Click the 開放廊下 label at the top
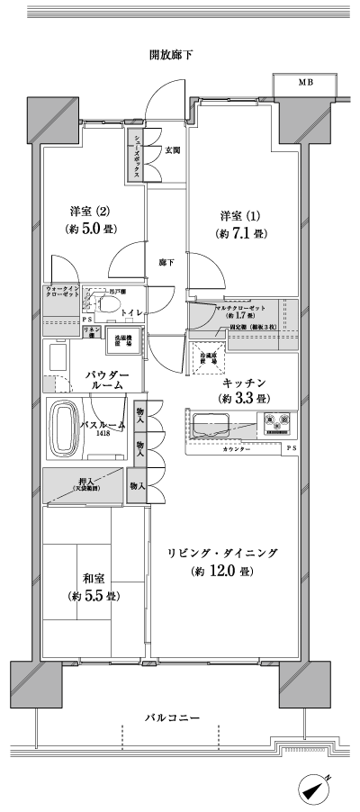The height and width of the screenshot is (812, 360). pos(170,55)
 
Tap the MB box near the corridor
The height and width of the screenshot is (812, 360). pos(307,83)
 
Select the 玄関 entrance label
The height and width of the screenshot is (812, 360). pos(171,150)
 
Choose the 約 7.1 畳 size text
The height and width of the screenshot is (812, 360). pos(240,234)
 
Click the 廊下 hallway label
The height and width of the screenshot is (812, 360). pos(166,263)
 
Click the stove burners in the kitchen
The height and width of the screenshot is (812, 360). pos(276,421)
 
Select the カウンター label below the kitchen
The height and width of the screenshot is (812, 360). pos(238,447)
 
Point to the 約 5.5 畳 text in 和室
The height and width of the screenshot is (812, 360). pos(94,597)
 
